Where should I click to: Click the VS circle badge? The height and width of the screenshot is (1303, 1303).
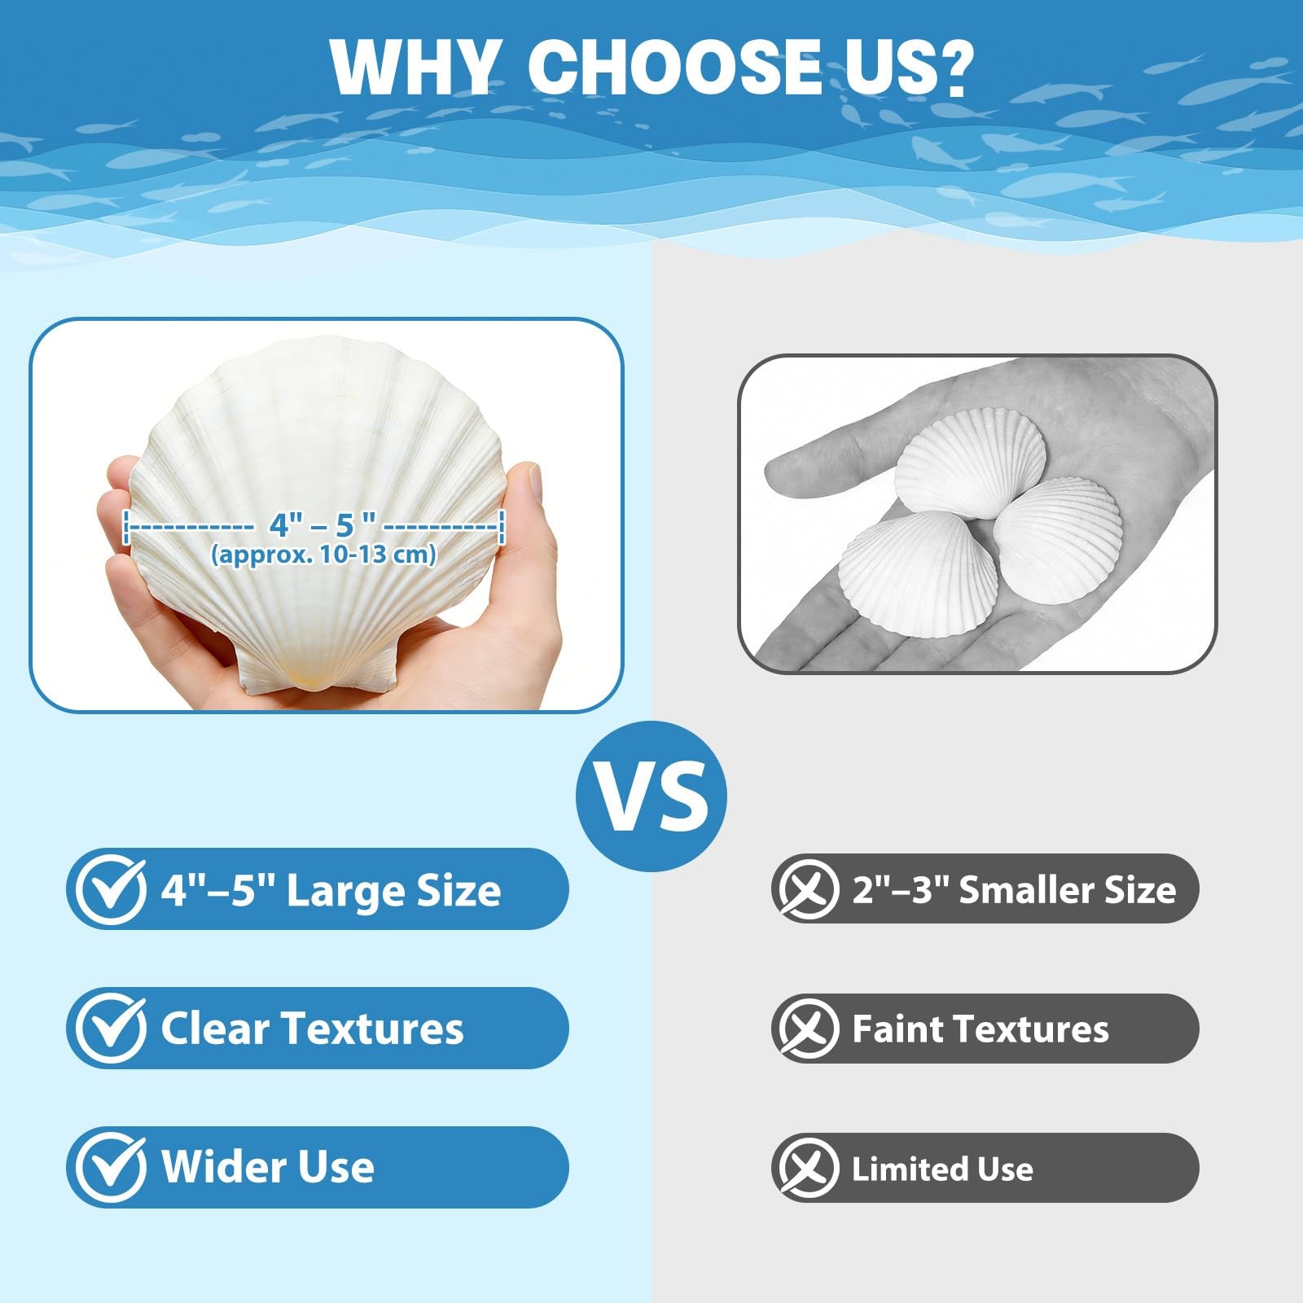(x=651, y=796)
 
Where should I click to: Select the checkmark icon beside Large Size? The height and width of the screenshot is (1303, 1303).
(x=112, y=890)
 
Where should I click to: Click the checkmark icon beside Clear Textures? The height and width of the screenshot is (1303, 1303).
(x=112, y=1029)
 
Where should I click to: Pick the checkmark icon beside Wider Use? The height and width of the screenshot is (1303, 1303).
(x=112, y=1167)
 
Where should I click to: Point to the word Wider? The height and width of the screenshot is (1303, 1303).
(x=213, y=1166)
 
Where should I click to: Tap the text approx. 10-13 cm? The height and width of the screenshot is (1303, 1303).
(x=324, y=555)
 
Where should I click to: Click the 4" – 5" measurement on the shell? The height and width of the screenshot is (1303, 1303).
(x=322, y=524)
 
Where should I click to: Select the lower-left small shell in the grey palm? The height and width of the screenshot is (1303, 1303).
(x=919, y=573)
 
